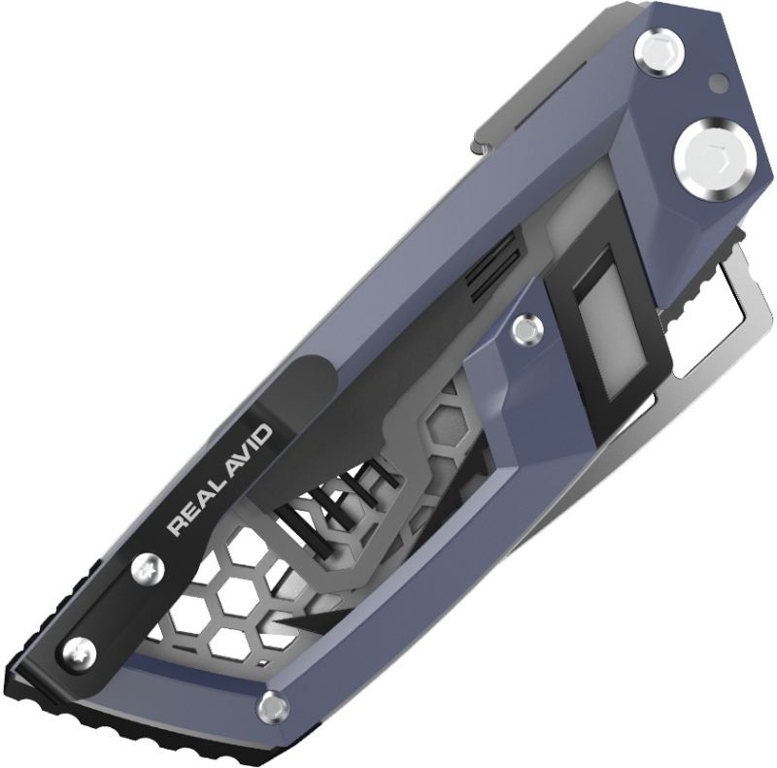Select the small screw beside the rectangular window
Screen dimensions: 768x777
(526, 330)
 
